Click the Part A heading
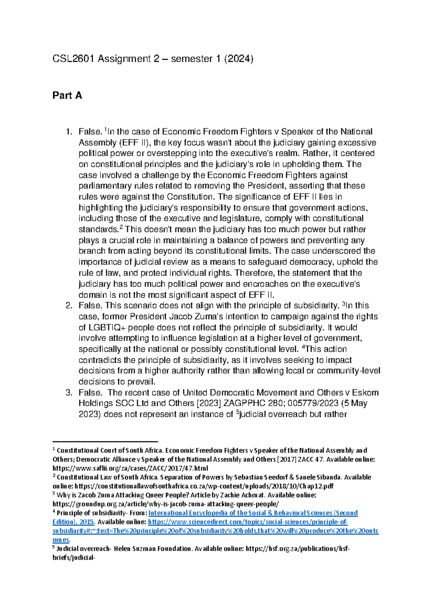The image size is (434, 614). (67, 96)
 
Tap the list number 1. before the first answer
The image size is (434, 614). (69, 132)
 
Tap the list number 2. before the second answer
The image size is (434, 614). (69, 306)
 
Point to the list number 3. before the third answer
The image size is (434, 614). (69, 393)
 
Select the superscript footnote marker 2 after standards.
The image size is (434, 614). (121, 227)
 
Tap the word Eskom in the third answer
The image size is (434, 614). (365, 393)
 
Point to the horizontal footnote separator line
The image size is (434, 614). (105, 442)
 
